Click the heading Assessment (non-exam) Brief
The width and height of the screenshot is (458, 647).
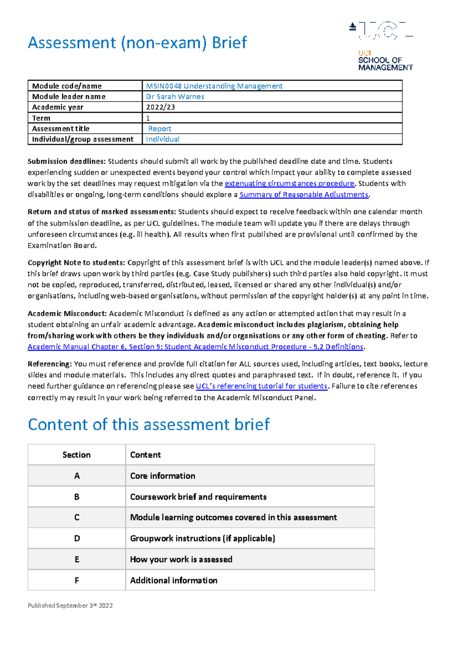137,43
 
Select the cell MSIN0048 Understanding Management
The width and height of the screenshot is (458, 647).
214,86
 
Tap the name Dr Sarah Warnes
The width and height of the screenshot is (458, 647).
175,97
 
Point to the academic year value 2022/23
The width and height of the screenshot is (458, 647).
160,107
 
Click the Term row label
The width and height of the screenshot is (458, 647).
41,118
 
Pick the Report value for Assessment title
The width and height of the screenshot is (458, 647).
160,129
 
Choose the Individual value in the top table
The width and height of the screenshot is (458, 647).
163,139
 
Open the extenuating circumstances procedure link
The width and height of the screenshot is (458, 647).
290,183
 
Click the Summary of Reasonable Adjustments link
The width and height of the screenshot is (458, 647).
304,195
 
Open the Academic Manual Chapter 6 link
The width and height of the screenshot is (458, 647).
195,347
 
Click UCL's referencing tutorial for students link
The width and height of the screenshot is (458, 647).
261,386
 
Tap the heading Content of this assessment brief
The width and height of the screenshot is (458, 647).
149,425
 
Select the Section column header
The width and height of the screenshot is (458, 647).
77,455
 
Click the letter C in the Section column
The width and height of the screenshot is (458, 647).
77,517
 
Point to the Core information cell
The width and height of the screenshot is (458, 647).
163,476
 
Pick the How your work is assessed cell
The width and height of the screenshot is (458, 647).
181,559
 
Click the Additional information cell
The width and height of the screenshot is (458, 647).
174,580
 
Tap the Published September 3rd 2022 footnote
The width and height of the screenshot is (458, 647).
70,605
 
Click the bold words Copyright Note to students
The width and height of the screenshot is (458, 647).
76,262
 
